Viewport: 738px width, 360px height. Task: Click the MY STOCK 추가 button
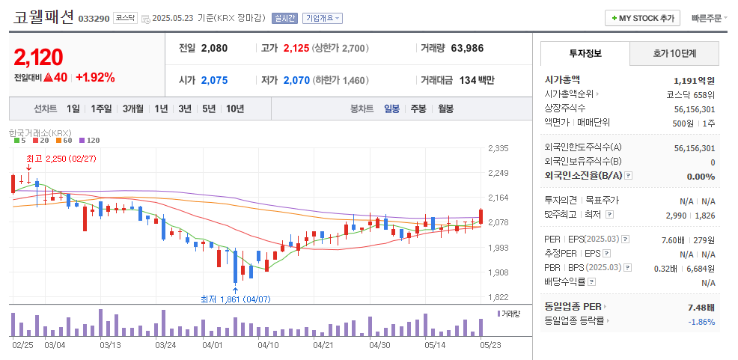(x=643, y=18)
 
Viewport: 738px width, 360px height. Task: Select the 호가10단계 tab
(x=674, y=53)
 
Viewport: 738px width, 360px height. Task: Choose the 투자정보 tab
(x=585, y=53)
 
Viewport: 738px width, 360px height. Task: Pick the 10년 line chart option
(x=235, y=109)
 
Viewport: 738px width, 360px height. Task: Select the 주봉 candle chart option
(x=418, y=109)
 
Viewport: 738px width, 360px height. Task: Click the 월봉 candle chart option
(x=446, y=109)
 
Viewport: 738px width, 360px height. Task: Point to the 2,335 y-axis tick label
(x=498, y=148)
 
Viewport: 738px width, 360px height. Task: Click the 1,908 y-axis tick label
(x=498, y=272)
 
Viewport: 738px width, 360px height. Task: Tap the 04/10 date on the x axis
(x=268, y=345)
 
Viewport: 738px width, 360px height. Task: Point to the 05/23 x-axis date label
(x=490, y=345)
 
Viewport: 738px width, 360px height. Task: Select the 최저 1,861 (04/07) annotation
(x=235, y=299)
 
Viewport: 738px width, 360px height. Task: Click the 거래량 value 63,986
(x=467, y=48)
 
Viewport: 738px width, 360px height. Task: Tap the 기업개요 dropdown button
(x=323, y=18)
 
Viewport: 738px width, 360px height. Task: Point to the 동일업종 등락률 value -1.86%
(x=701, y=322)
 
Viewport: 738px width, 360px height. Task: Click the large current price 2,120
(x=37, y=57)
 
